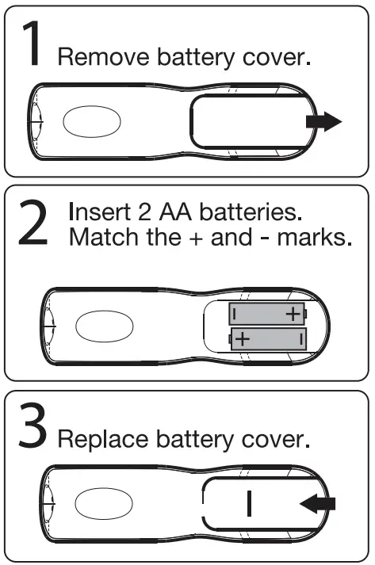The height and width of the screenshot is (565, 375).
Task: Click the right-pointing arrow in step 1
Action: (323, 122)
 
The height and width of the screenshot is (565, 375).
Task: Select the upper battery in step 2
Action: (267, 313)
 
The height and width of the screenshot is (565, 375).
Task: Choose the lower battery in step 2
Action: (267, 339)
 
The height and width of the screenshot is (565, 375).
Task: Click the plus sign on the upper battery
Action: (293, 313)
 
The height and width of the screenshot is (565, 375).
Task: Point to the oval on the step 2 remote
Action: (103, 326)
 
